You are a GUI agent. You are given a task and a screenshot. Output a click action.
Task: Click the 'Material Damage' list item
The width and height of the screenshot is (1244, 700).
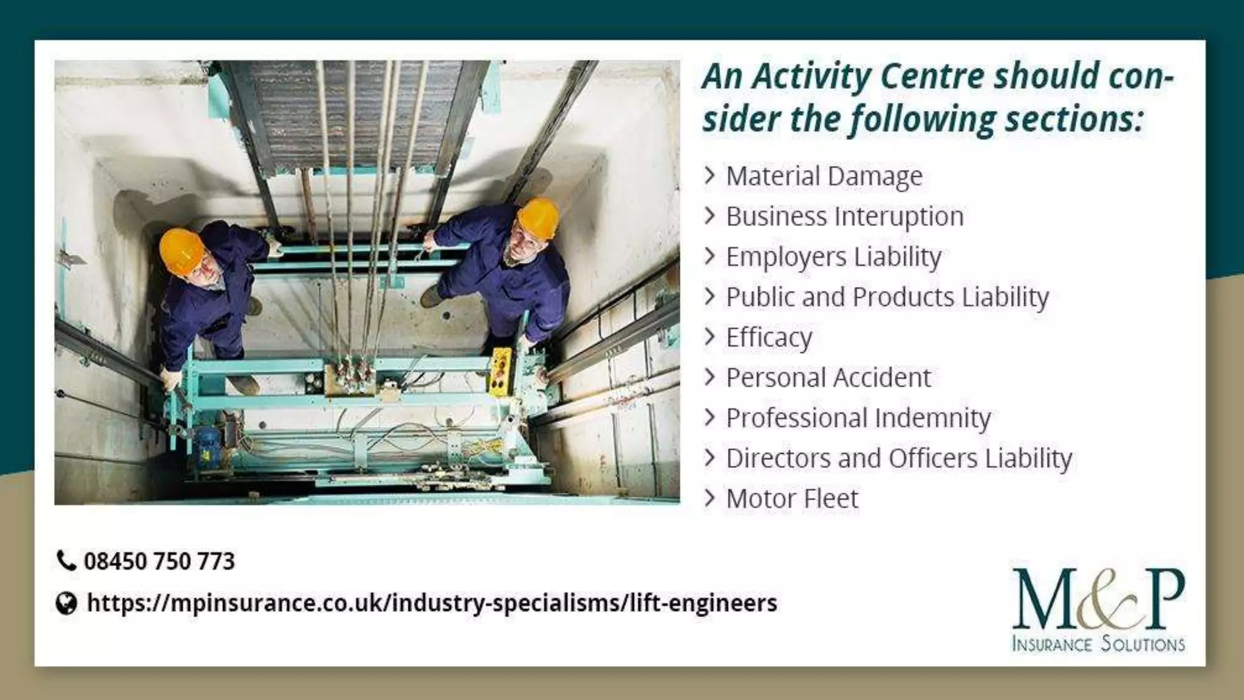point(824,176)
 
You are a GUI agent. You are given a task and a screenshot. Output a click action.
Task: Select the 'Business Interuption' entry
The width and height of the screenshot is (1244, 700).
point(844,216)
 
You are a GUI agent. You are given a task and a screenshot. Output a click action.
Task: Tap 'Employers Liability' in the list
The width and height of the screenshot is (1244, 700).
point(833,256)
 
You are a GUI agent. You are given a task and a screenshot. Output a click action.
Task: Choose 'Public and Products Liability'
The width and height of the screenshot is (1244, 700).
point(887,297)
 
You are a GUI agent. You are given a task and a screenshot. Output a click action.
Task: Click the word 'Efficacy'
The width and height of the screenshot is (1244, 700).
point(769,337)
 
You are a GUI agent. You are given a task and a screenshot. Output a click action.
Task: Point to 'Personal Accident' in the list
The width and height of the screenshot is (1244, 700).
point(828,377)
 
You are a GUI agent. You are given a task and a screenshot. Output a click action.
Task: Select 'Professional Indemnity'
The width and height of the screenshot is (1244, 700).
point(858,418)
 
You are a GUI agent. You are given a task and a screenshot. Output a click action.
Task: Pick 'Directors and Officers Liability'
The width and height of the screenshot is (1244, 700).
point(899,458)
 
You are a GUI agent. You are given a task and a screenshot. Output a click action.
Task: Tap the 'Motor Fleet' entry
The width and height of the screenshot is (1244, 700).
point(792,499)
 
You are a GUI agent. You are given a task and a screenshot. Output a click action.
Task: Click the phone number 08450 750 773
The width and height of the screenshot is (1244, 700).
point(159,561)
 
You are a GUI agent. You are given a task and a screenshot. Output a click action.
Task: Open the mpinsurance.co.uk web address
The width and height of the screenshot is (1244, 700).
point(432,603)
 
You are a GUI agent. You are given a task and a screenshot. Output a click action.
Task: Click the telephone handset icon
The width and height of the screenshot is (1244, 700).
point(66,560)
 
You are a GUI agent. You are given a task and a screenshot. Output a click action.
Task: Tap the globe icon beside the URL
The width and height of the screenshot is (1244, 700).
point(66,603)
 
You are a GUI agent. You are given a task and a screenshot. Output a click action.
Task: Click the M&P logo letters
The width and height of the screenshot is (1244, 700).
point(1098,600)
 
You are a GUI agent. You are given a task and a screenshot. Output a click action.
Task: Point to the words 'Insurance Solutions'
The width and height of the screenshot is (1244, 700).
point(1098,643)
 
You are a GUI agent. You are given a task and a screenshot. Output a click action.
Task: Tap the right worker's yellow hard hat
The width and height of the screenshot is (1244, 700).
point(538,217)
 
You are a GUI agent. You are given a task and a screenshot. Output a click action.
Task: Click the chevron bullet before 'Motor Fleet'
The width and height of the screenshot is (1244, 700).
point(709,498)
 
